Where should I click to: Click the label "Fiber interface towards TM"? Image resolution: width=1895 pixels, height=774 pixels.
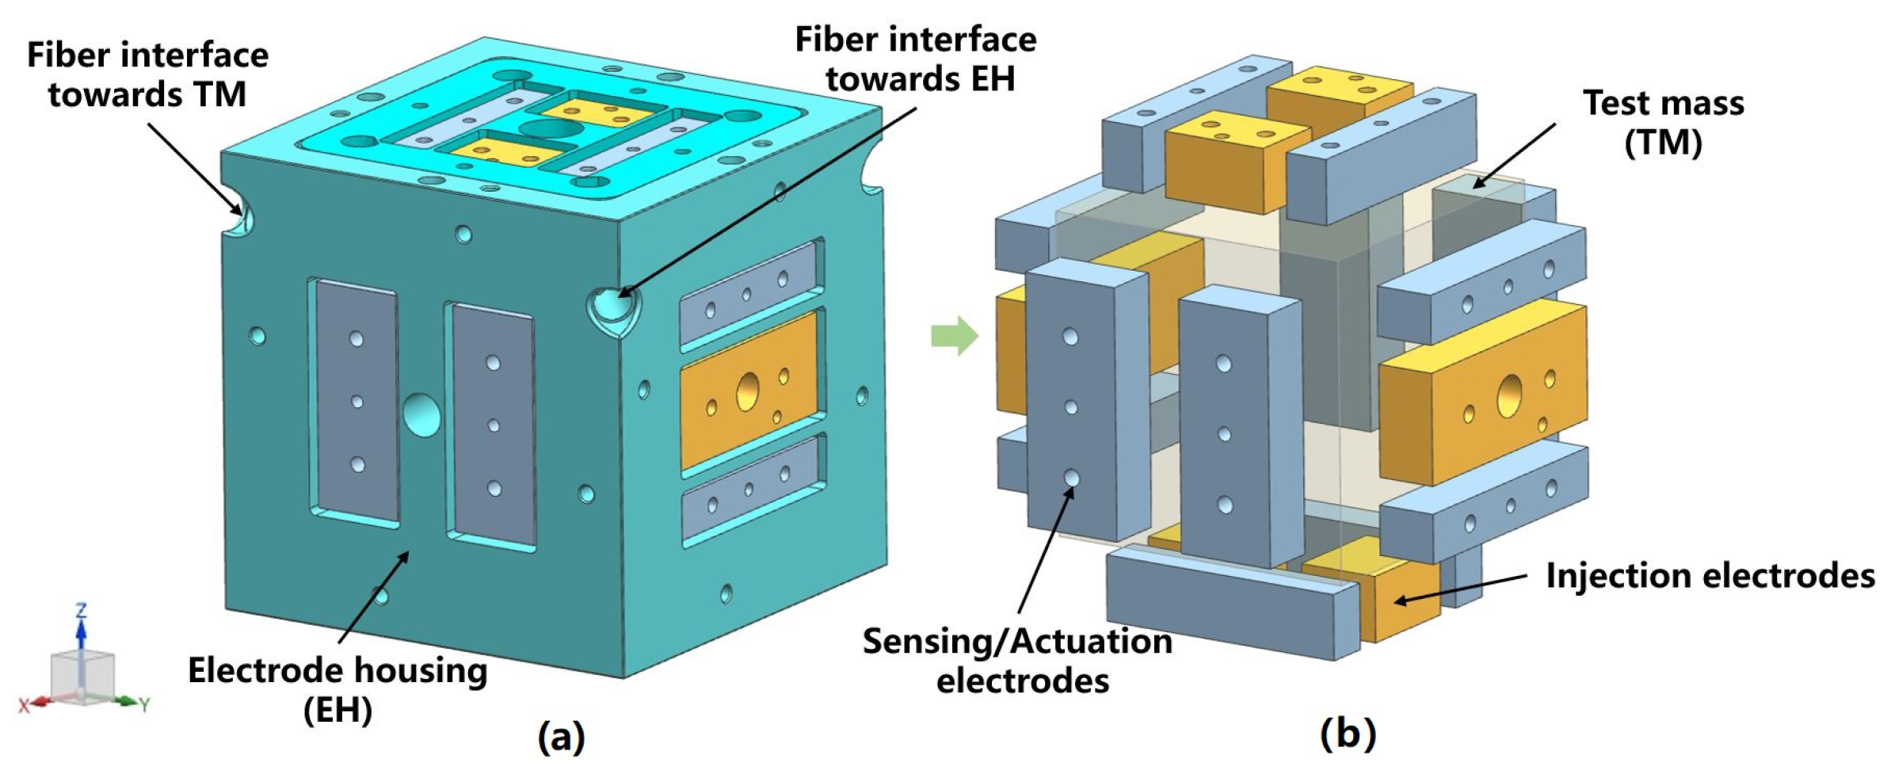148,74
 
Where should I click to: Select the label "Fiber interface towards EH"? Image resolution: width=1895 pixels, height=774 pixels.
916,59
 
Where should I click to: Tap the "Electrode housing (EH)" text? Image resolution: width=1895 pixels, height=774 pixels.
338,689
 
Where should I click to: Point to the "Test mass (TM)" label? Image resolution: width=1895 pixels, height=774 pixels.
1663,123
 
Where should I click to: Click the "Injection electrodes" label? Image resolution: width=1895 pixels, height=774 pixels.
1710,576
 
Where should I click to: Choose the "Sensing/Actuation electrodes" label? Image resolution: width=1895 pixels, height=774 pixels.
1019,660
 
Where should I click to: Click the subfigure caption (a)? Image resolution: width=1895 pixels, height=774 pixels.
561,736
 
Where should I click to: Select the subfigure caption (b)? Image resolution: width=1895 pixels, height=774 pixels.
1348,734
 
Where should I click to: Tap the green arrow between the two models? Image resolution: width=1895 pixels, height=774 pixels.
955,336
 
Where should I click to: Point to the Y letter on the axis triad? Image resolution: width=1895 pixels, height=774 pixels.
144,703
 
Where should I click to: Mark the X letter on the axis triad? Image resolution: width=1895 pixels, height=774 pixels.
25,705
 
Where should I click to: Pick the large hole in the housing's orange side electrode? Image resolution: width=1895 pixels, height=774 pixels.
747,391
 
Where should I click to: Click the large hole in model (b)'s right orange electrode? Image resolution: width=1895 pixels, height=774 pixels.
1508,396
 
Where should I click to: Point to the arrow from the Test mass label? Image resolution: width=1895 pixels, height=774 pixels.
1513,154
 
